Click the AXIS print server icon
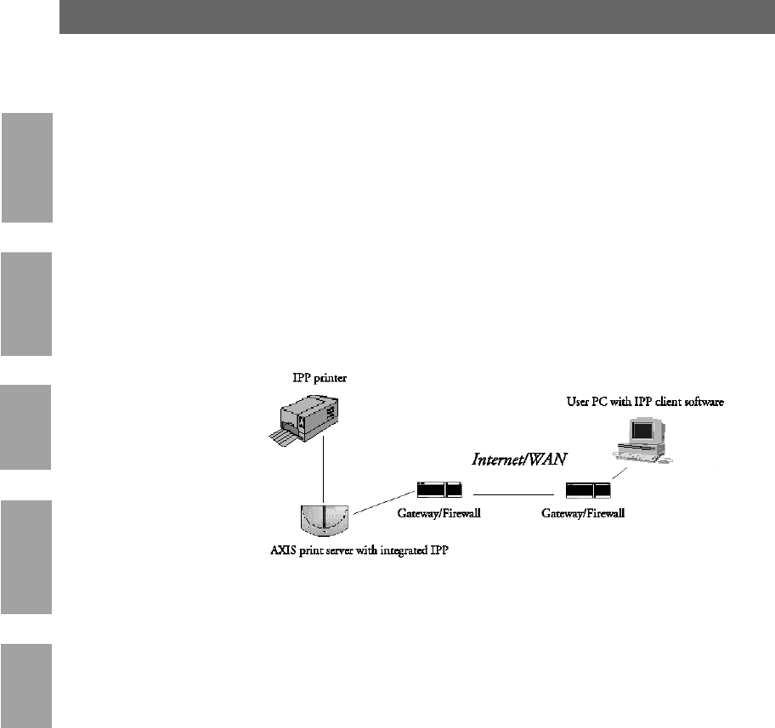(323, 521)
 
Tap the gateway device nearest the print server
(439, 490)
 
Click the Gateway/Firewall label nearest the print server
(439, 515)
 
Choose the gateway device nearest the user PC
(588, 490)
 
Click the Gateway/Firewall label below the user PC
(584, 515)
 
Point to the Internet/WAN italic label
(519, 460)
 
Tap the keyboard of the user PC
(643, 460)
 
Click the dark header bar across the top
(416, 17)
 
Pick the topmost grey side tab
(26, 166)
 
